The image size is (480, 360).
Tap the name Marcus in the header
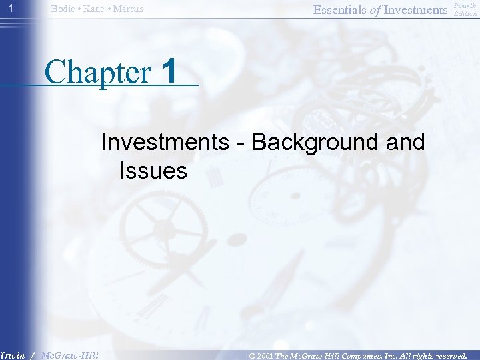pyautogui.click(x=129, y=9)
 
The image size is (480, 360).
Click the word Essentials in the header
pyautogui.click(x=337, y=9)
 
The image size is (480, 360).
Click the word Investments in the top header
pyautogui.click(x=414, y=9)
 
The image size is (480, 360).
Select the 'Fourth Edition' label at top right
pyautogui.click(x=465, y=9)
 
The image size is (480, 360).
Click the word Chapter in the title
pyautogui.click(x=99, y=72)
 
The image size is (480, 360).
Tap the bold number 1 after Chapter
pyautogui.click(x=170, y=71)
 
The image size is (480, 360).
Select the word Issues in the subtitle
pyautogui.click(x=153, y=171)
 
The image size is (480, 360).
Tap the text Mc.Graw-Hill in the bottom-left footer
pyautogui.click(x=69, y=355)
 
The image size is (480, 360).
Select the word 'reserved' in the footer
pyautogui.click(x=449, y=355)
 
